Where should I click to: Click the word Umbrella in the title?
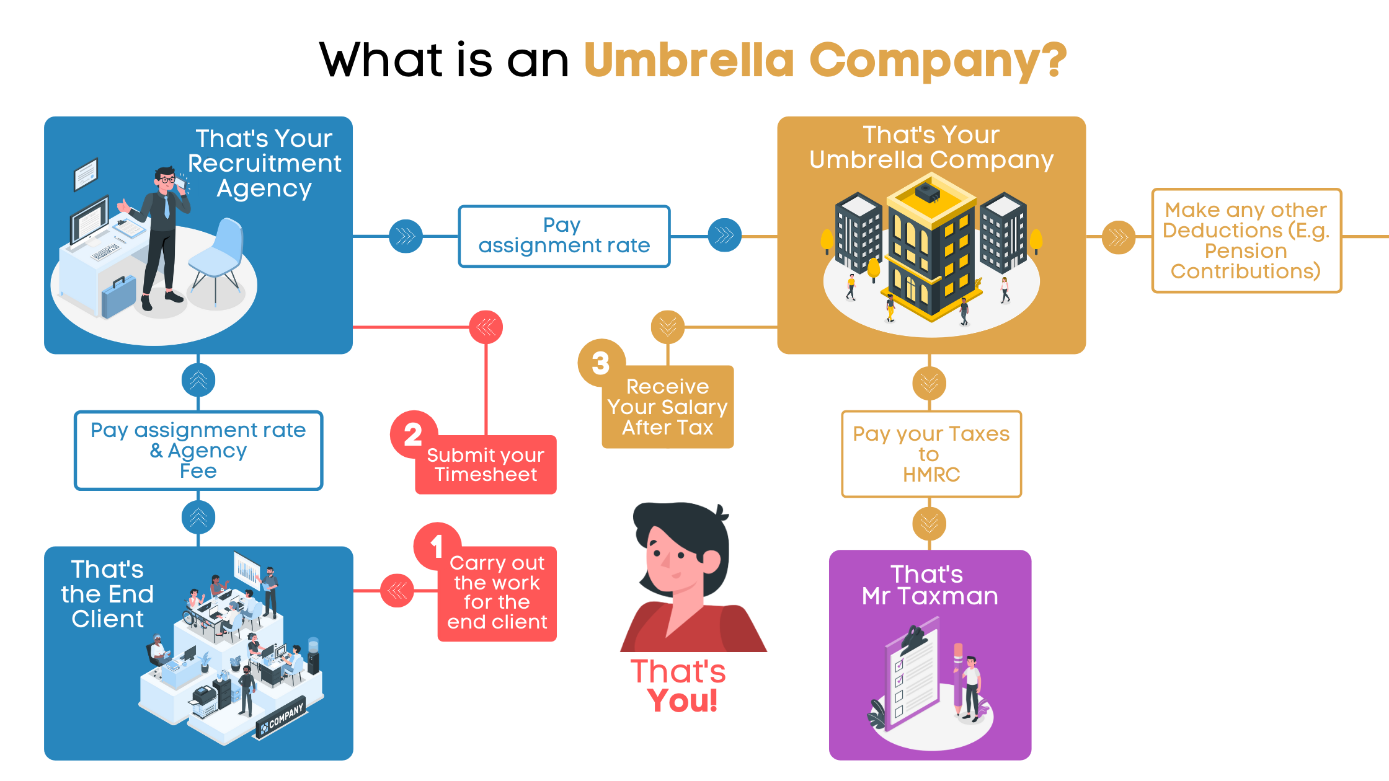coord(688,60)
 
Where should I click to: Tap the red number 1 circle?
coord(437,546)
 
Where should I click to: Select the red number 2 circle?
coord(414,434)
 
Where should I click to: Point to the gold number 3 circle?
coord(601,363)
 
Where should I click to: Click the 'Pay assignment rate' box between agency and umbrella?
coord(564,236)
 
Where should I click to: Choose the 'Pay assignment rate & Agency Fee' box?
coord(198,451)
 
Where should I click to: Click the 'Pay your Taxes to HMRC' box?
coord(931,454)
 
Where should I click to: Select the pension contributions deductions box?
coord(1246,240)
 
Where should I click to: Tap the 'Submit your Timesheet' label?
coord(486,465)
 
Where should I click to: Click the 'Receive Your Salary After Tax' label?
coord(668,407)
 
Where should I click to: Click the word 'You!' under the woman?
coord(682,701)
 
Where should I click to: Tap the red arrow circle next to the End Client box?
coord(397,591)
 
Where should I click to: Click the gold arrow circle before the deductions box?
coord(1118,237)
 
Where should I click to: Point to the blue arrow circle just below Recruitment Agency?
coord(198,380)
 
